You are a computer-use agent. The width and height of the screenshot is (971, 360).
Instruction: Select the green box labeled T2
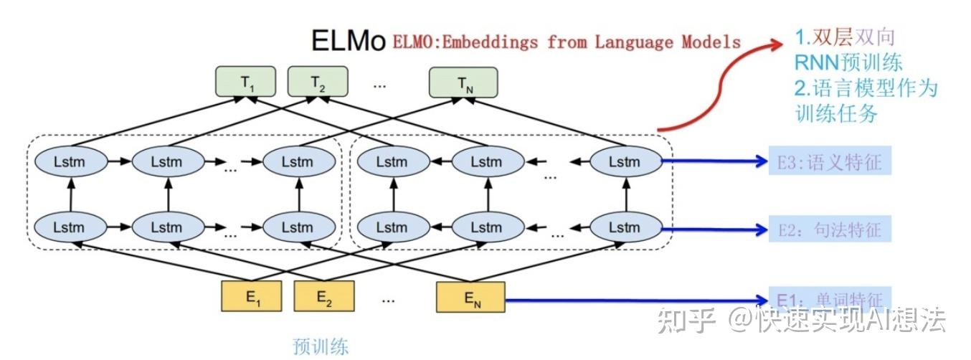[x=318, y=82]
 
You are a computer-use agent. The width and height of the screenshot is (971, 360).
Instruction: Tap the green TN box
[x=464, y=82]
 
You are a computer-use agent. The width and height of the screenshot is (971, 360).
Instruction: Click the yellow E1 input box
[x=252, y=297]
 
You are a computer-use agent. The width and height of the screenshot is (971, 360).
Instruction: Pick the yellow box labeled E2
[x=323, y=297]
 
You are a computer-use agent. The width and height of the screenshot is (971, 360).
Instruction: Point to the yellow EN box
[x=471, y=297]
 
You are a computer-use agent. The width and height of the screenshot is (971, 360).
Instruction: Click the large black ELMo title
[x=349, y=41]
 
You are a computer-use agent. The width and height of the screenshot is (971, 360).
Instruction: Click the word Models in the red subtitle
[x=712, y=42]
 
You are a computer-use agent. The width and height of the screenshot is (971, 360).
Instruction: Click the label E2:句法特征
[x=828, y=230]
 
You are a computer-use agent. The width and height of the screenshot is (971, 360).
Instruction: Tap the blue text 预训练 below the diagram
[x=321, y=346]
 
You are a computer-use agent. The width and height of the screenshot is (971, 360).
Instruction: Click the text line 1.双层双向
[x=845, y=37]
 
